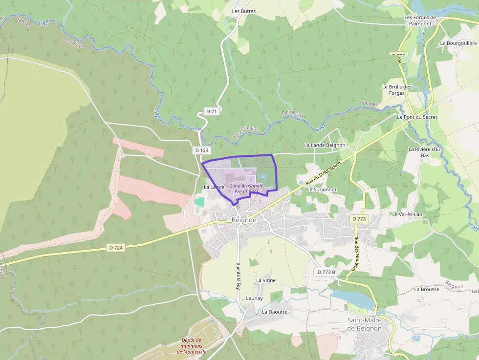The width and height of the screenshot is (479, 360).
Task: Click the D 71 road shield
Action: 211,111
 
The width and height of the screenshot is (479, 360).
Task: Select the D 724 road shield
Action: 116,248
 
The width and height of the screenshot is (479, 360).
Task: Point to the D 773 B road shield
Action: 326,272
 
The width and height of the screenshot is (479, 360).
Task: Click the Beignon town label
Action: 244,220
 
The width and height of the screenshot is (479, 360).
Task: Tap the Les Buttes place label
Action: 244,11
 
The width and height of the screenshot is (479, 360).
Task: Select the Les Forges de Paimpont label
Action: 420,21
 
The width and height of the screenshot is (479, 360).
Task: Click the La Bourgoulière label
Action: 458,43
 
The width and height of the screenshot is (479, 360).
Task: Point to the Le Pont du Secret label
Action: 417,117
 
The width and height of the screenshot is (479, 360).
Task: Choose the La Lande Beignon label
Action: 325,145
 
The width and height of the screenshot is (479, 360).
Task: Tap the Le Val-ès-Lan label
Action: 407,214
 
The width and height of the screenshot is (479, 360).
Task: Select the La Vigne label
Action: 266,280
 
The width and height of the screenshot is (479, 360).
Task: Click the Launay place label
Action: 254,298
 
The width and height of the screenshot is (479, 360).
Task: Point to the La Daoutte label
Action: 275,312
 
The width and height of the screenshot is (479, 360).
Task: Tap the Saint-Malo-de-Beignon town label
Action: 365,324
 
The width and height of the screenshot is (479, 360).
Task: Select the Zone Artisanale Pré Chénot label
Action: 246,189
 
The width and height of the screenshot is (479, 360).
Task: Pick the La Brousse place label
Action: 427,289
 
